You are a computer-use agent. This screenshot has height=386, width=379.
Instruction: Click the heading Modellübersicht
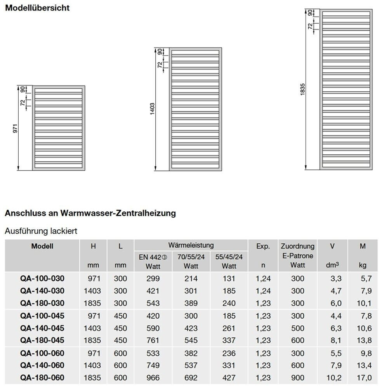pyautogui.click(x=37, y=8)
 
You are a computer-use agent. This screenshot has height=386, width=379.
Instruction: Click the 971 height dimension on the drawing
pyautogui.click(x=16, y=129)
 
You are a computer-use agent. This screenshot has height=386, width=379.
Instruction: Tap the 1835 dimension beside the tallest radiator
pyautogui.click(x=303, y=90)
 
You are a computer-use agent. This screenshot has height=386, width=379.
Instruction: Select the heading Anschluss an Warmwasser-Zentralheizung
pyautogui.click(x=90, y=213)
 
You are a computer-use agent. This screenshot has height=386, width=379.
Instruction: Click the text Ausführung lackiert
pyautogui.click(x=41, y=231)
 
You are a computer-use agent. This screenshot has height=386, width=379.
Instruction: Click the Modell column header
pyautogui.click(x=42, y=246)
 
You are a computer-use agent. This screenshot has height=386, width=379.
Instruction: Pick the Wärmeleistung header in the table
pyautogui.click(x=191, y=245)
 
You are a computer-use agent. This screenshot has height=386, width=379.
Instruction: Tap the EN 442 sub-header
pyautogui.click(x=153, y=257)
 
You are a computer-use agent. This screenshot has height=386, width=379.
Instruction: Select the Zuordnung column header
pyautogui.click(x=297, y=246)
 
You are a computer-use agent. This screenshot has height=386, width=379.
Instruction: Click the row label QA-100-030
pyautogui.click(x=42, y=278)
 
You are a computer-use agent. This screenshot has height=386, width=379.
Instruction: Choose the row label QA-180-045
pyautogui.click(x=42, y=340)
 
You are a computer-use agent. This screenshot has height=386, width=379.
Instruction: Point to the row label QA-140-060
pyautogui.click(x=42, y=365)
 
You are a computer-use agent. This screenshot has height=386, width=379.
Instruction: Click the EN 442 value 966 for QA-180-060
pyautogui.click(x=153, y=377)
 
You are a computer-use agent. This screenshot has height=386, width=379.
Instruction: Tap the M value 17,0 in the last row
pyautogui.click(x=363, y=377)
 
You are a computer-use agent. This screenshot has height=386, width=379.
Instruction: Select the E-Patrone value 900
pyautogui.click(x=297, y=377)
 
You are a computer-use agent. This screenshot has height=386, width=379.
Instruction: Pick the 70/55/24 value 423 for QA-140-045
pyautogui.click(x=191, y=328)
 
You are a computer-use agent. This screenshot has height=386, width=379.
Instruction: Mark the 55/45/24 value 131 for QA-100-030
pyautogui.click(x=229, y=278)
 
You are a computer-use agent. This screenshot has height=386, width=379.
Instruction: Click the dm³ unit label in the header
pyautogui.click(x=333, y=266)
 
